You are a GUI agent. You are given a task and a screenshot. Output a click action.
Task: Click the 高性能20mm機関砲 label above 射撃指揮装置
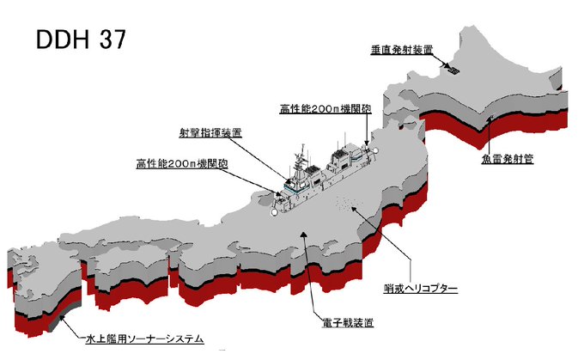pos(325,109)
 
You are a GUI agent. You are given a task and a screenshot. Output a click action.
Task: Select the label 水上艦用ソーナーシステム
pos(147,339)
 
